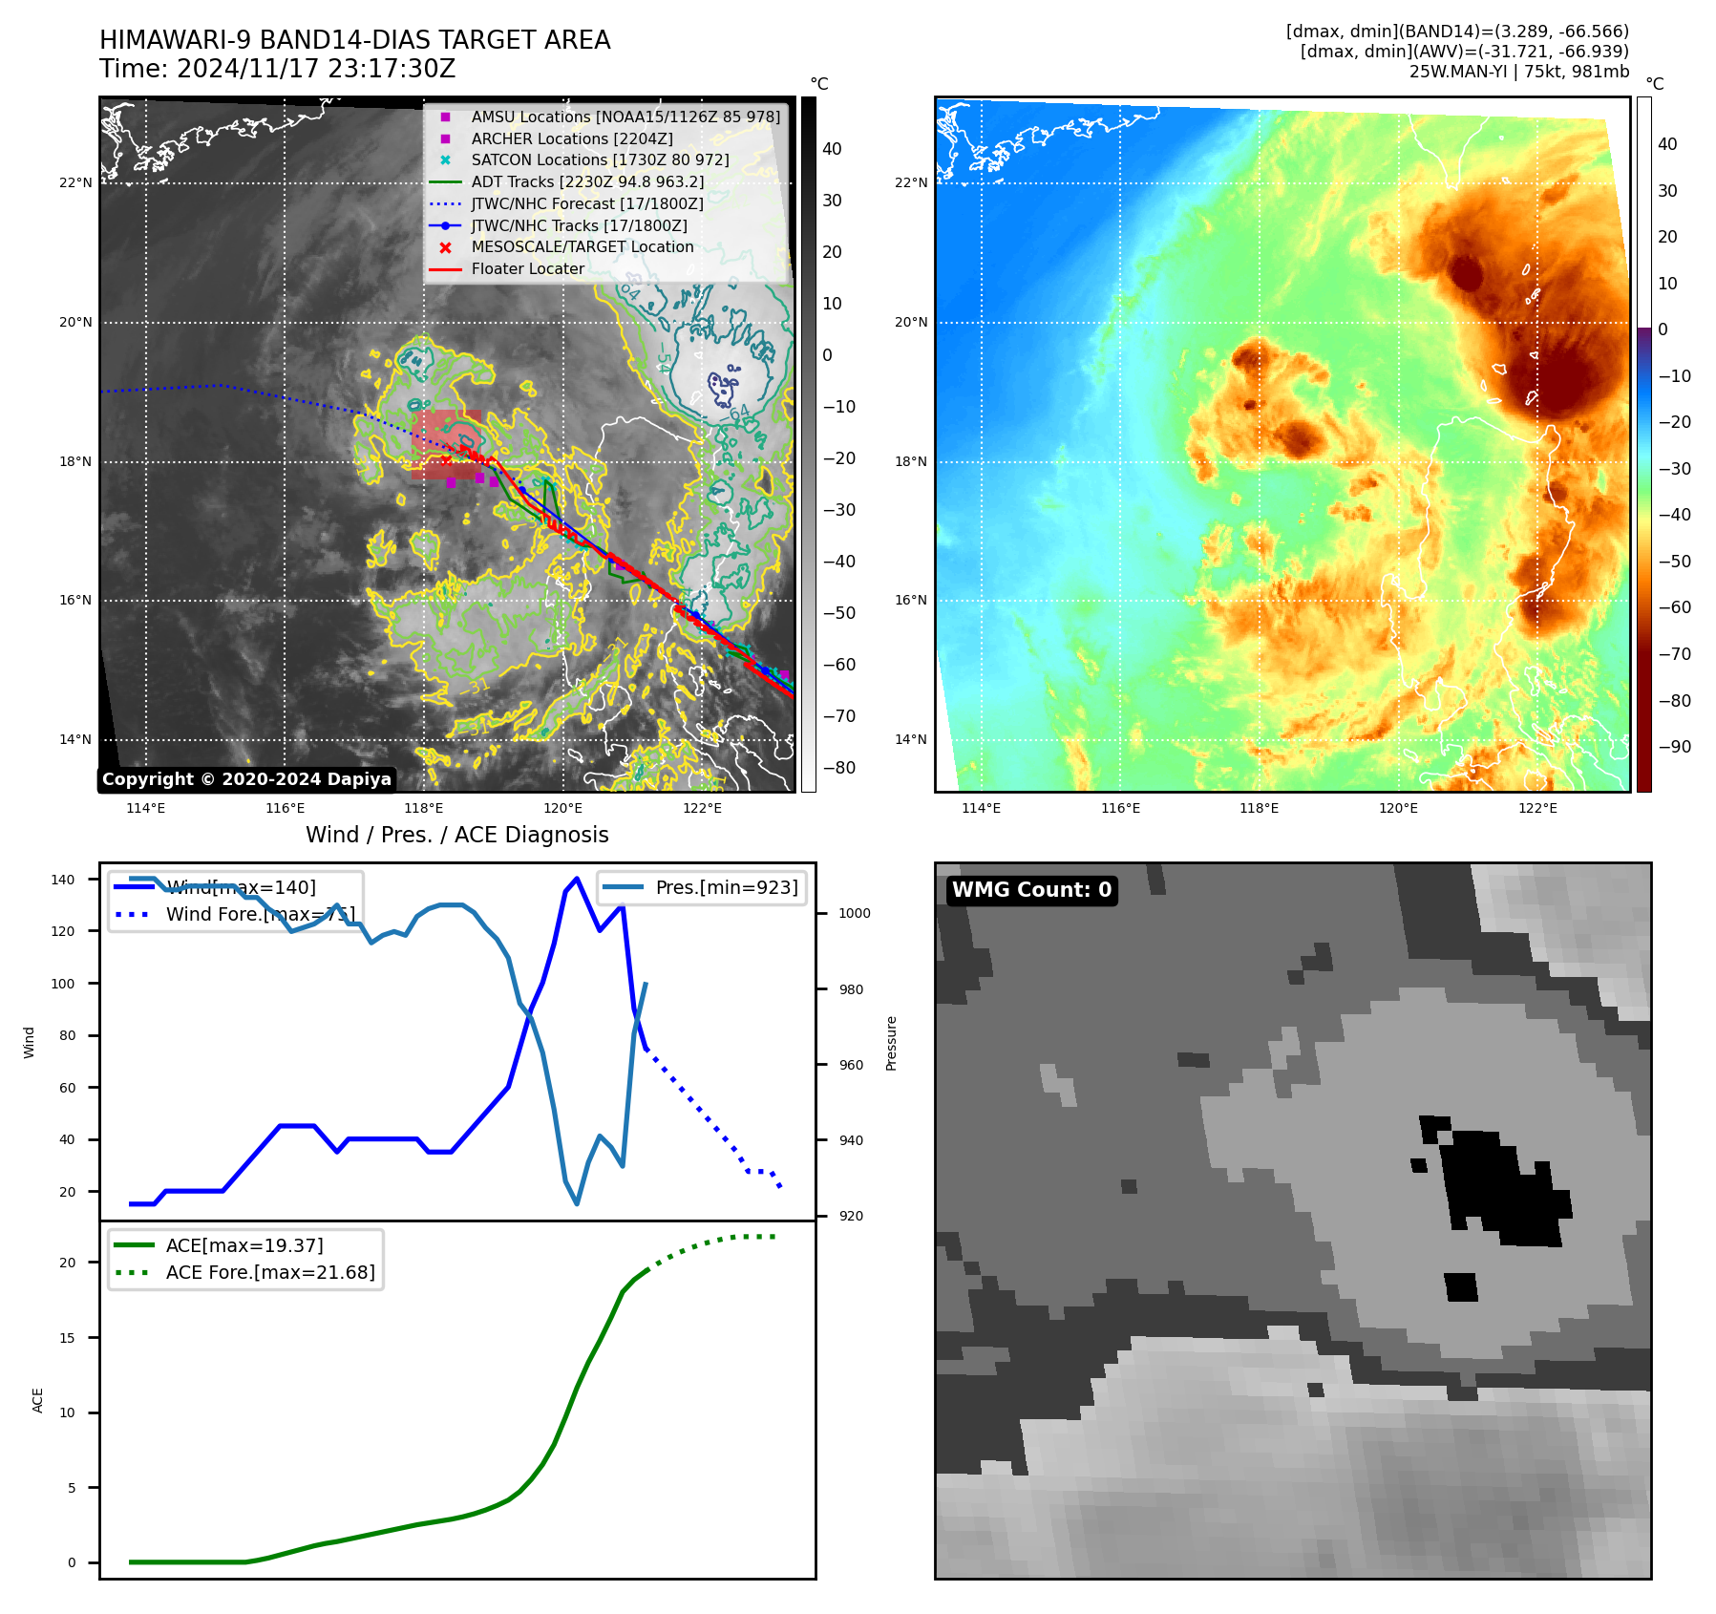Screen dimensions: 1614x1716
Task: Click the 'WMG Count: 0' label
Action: (1031, 890)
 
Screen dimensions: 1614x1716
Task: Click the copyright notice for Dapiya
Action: (246, 779)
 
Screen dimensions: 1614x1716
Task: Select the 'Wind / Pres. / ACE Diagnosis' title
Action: (456, 835)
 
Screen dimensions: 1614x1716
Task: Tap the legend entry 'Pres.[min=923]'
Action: (726, 887)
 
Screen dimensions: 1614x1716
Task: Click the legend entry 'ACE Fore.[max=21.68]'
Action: (270, 1272)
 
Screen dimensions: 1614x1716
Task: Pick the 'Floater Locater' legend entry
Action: (527, 269)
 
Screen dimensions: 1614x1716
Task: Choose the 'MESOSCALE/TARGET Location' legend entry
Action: (582, 246)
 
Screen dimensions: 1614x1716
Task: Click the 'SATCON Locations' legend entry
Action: (600, 160)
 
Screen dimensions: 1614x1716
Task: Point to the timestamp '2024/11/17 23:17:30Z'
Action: (316, 70)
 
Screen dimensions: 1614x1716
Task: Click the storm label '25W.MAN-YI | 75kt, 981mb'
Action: (1518, 72)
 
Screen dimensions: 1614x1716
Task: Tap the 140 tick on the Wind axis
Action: (63, 880)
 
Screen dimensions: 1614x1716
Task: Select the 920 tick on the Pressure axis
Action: (850, 1216)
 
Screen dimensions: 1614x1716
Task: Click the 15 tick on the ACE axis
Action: (67, 1338)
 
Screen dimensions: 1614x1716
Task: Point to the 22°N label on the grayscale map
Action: (75, 182)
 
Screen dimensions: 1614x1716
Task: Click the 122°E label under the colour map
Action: (1537, 809)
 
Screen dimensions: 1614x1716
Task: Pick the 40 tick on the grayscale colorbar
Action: (832, 149)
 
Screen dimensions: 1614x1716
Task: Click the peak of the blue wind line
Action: (576, 879)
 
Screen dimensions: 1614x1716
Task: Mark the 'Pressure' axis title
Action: (891, 1043)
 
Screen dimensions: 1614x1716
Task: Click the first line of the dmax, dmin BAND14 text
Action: (1457, 32)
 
